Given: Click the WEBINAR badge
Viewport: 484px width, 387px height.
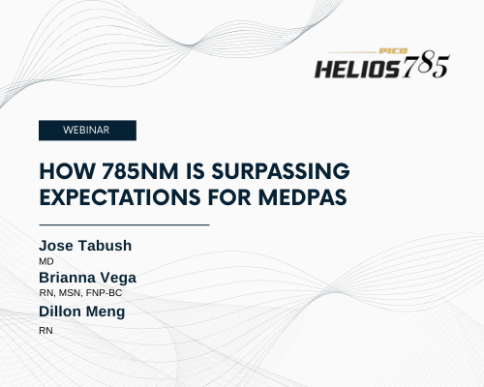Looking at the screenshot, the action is tap(87, 131).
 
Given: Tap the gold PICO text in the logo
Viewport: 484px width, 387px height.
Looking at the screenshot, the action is tap(393, 51).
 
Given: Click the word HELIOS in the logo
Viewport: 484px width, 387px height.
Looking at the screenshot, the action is tap(357, 69).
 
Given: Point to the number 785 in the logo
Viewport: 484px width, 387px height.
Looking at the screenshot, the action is tap(426, 67).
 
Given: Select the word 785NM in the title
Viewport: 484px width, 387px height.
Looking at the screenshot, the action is tap(139, 171).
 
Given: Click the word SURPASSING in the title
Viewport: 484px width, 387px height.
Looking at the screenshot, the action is tap(281, 171).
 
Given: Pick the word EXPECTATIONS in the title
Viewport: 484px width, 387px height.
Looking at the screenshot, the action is tap(120, 197).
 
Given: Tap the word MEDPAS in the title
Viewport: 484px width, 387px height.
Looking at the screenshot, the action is tap(303, 197).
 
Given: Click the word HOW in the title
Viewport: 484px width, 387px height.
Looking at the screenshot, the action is tap(67, 171).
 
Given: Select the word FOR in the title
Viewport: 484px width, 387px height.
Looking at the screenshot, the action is tap(229, 197).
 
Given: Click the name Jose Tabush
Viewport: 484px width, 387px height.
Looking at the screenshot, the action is tap(85, 246).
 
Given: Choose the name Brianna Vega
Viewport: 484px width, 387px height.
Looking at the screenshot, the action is tap(87, 278).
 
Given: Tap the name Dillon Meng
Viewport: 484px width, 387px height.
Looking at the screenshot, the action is tap(81, 312).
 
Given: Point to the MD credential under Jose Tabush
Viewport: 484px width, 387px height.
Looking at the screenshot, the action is tap(46, 261).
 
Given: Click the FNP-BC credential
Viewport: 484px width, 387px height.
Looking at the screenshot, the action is tap(104, 293).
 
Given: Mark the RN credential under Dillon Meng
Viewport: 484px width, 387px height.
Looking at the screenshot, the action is tap(45, 331).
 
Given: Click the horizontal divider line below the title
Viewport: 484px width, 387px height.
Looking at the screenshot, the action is tap(124, 224).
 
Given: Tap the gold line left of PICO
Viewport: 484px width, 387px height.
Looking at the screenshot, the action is tap(351, 51).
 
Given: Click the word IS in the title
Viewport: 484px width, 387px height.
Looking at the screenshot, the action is tap(195, 171).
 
